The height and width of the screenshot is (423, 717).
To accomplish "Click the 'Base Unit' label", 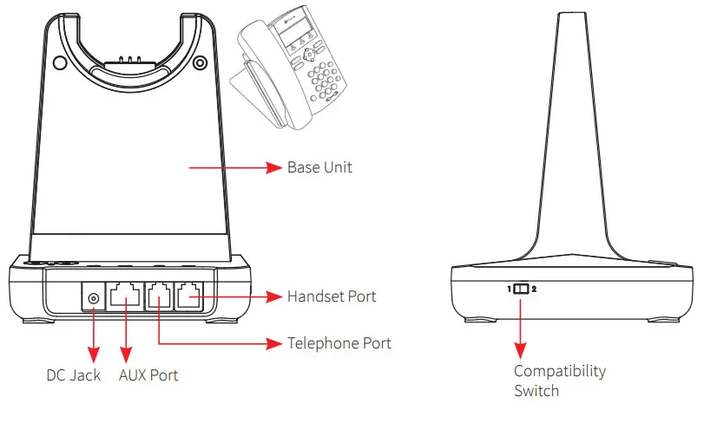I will pyautogui.click(x=319, y=167).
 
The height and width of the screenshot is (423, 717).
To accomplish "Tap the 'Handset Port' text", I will pyautogui.click(x=332, y=297).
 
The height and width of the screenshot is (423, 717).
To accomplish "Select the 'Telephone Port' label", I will pyautogui.click(x=339, y=343).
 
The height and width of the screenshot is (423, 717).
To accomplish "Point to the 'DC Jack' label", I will pyautogui.click(x=74, y=375).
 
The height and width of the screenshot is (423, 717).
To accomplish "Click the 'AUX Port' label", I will pyautogui.click(x=148, y=375).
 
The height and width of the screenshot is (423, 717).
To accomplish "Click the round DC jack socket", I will pyautogui.click(x=93, y=299).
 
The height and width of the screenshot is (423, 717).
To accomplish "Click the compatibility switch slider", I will pyautogui.click(x=520, y=289).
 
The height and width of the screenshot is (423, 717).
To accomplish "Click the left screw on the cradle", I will pyautogui.click(x=58, y=62).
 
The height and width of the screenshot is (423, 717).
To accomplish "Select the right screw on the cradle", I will pyautogui.click(x=200, y=62).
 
